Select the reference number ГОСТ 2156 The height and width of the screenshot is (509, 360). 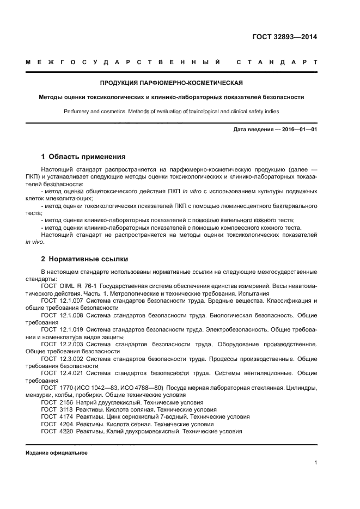tap(56, 402)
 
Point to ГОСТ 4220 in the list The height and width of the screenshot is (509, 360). tap(56, 431)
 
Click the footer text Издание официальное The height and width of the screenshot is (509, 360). tap(57, 453)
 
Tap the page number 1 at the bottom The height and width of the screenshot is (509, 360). tap(315, 463)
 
